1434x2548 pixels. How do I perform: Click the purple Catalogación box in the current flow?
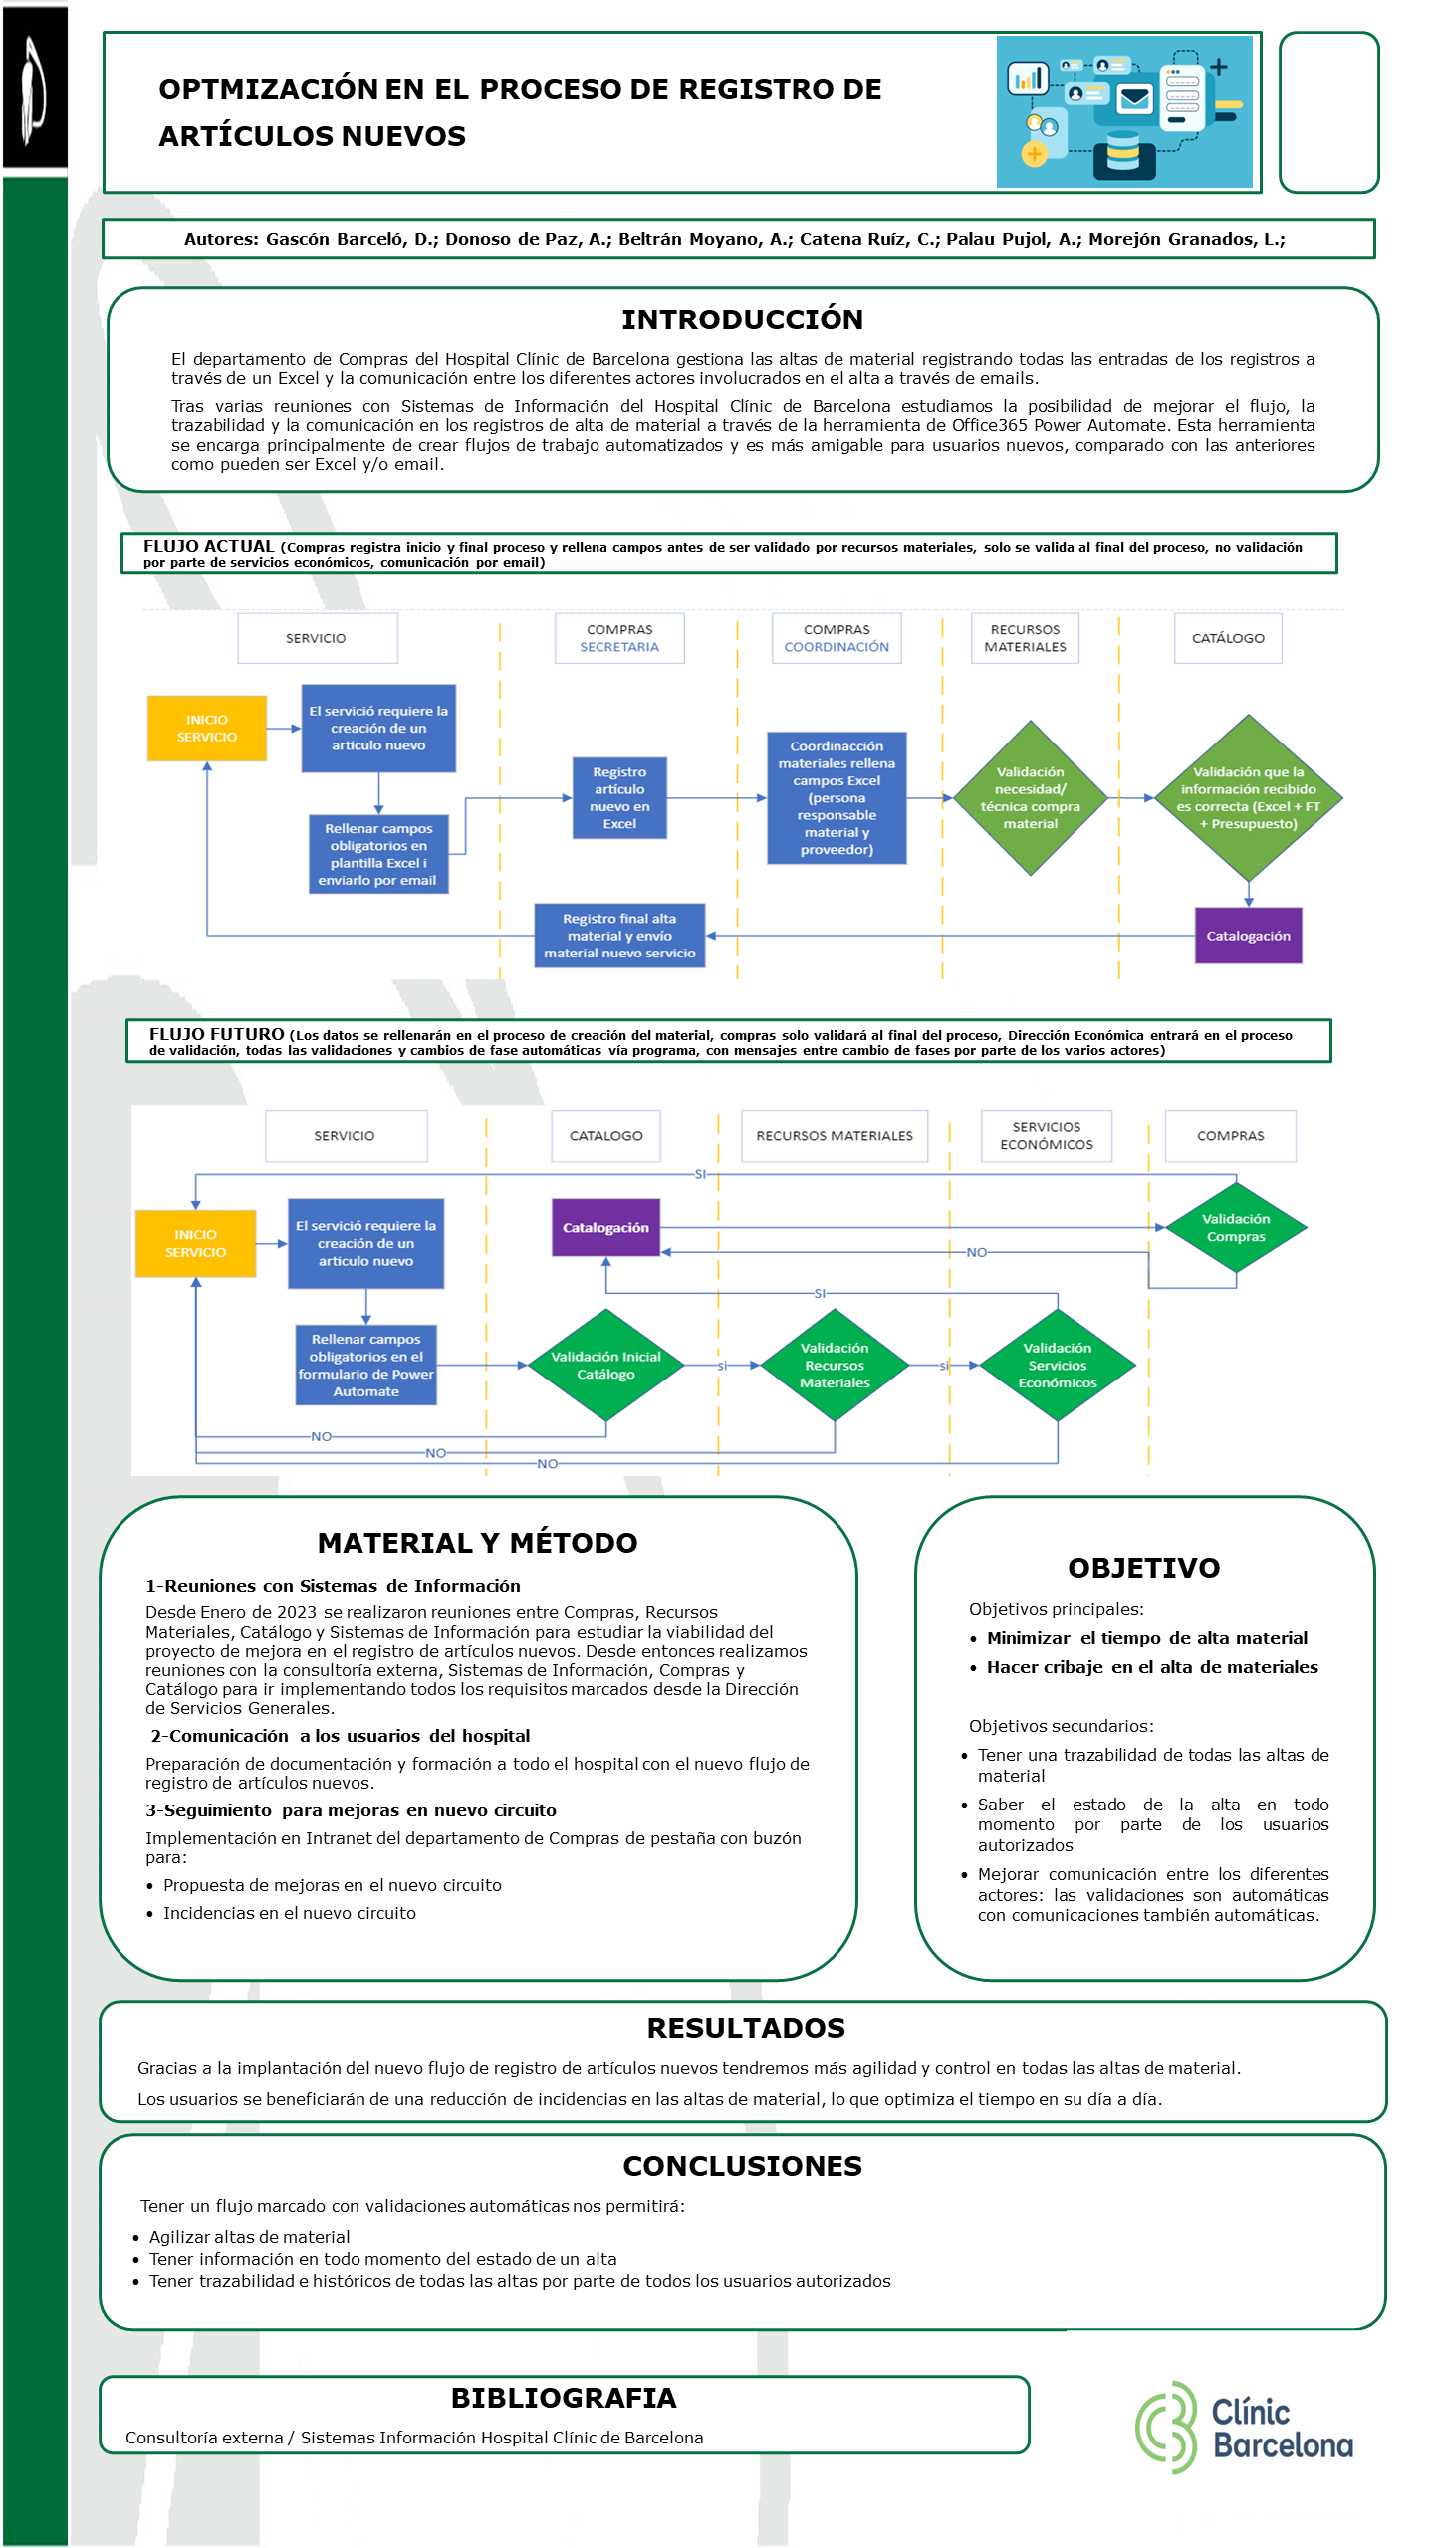point(1248,936)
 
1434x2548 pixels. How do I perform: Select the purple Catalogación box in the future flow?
point(605,1227)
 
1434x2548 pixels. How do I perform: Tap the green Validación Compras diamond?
point(1236,1228)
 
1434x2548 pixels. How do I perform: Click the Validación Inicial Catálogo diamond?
point(605,1366)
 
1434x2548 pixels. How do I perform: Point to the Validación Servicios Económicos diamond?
point(1058,1366)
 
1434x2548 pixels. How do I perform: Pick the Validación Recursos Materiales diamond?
point(835,1366)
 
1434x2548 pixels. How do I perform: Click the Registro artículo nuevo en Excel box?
point(619,798)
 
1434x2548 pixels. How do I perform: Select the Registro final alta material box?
point(619,936)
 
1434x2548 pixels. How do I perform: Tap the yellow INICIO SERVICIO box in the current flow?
point(207,729)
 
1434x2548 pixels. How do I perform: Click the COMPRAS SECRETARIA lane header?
point(619,638)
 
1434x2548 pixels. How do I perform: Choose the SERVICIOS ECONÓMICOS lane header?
point(1047,1136)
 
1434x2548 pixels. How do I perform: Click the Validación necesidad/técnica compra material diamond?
point(1031,798)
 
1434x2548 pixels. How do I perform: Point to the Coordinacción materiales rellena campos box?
point(836,798)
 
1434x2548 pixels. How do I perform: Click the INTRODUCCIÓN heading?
point(743,319)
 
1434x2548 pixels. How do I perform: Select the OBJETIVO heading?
point(1144,1568)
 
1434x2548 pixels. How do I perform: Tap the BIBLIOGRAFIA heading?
point(564,2398)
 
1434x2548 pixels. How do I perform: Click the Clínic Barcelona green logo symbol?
point(1166,2428)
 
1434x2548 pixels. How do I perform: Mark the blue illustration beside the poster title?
point(1124,111)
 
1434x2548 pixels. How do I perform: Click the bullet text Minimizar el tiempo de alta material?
point(1147,1638)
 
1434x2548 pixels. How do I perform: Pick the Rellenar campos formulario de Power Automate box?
point(365,1366)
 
